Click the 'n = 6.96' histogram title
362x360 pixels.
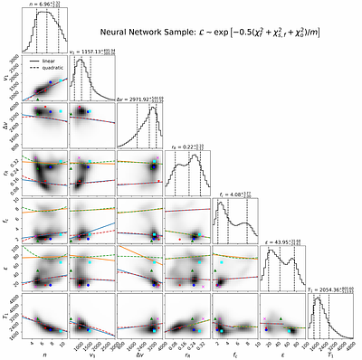tap(43, 5)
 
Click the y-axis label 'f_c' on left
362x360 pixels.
tap(5, 221)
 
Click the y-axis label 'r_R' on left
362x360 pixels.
tap(5, 174)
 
